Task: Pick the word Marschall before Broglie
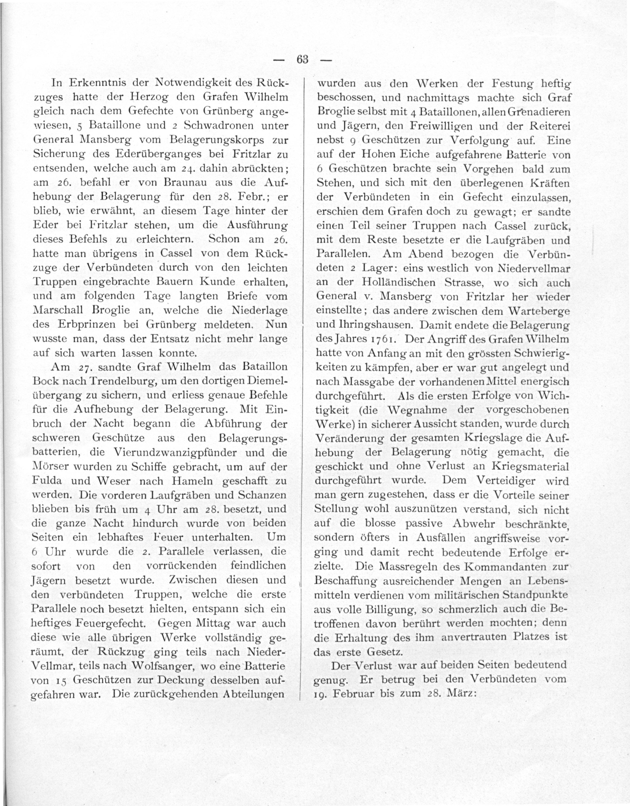[x=59, y=310]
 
